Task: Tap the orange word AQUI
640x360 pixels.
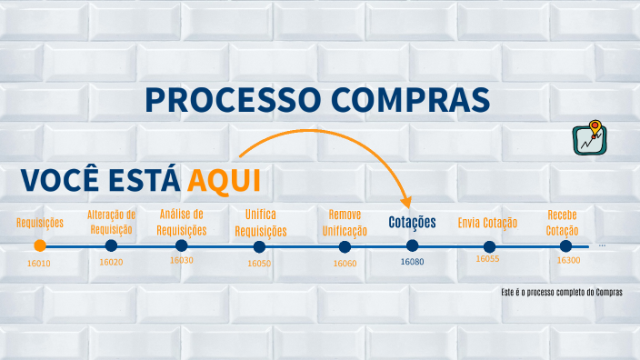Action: pyautogui.click(x=224, y=180)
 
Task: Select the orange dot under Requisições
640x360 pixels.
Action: pyautogui.click(x=39, y=245)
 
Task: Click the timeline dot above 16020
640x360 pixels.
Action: pyautogui.click(x=111, y=245)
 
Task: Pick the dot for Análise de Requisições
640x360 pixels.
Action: pyautogui.click(x=181, y=245)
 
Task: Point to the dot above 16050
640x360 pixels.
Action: pyautogui.click(x=260, y=246)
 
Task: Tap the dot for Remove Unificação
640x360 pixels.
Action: pyautogui.click(x=345, y=246)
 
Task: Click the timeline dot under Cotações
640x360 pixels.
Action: pyautogui.click(x=412, y=245)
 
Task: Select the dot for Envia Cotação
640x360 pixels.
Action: pyautogui.click(x=489, y=246)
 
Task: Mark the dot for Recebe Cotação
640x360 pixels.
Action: pyautogui.click(x=565, y=245)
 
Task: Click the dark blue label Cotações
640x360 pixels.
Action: pyautogui.click(x=412, y=222)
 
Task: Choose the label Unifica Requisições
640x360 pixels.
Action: pyautogui.click(x=260, y=223)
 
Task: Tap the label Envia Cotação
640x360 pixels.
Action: pyautogui.click(x=487, y=223)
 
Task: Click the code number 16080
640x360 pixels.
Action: pyautogui.click(x=412, y=262)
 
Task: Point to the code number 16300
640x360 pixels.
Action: pyautogui.click(x=568, y=261)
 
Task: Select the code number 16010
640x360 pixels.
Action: pyautogui.click(x=39, y=263)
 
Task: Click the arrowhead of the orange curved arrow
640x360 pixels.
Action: pyautogui.click(x=407, y=201)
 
